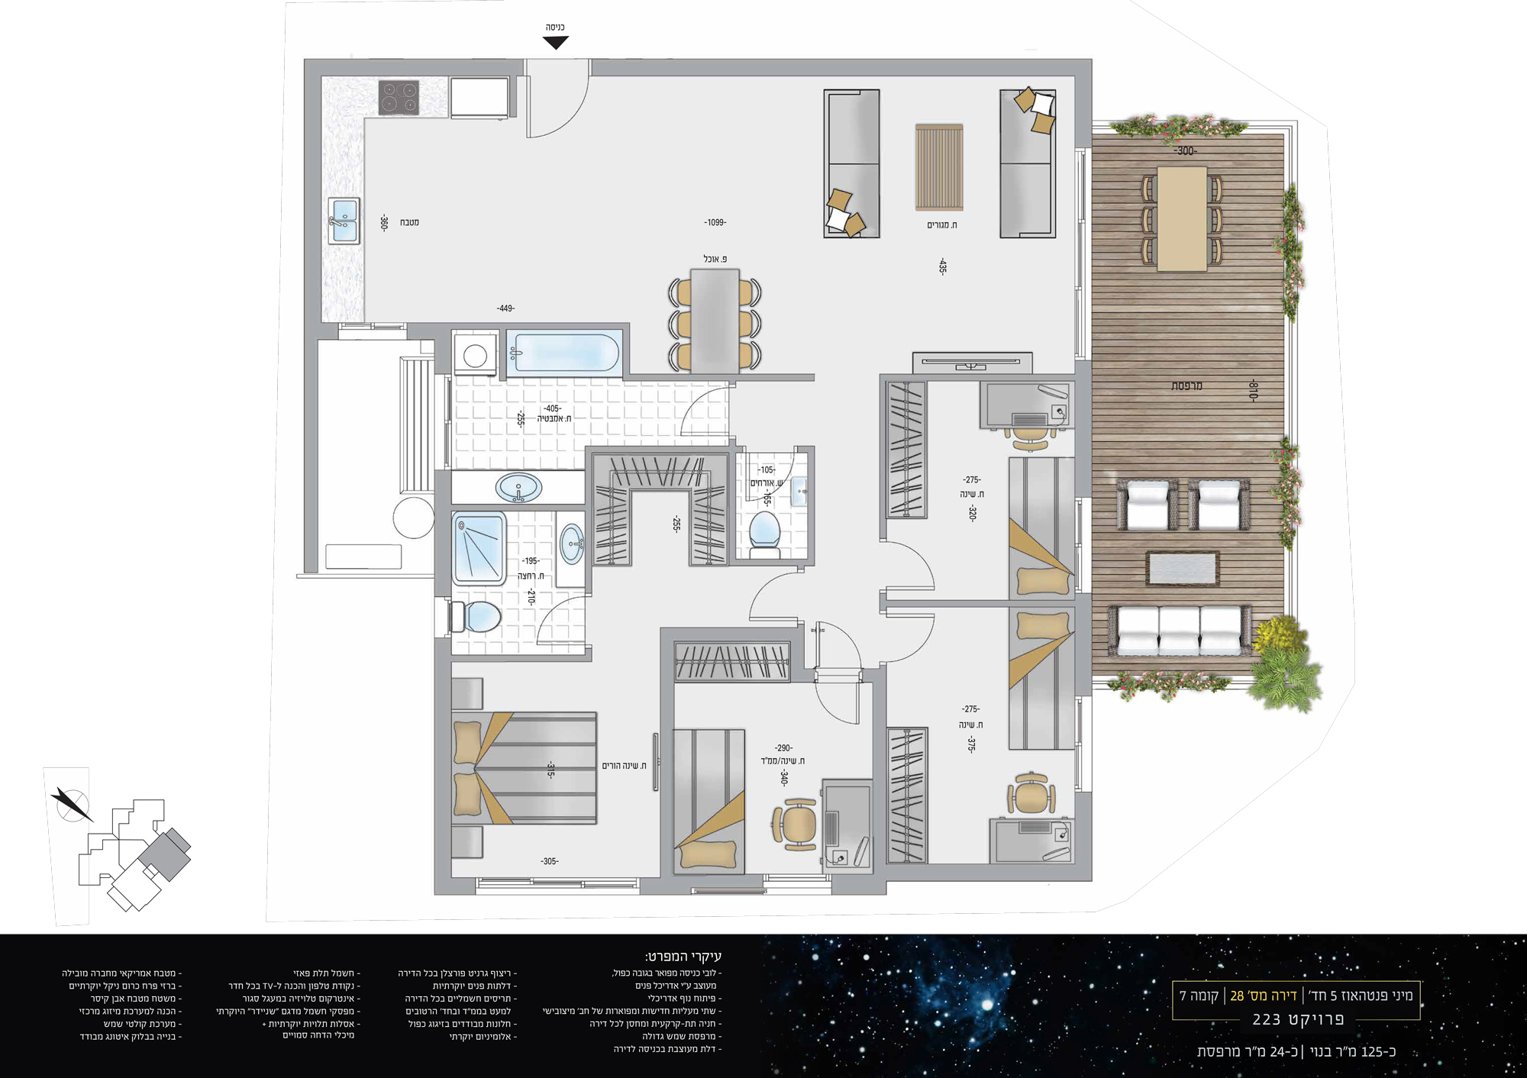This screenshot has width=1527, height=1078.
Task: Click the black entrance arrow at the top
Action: pos(556,43)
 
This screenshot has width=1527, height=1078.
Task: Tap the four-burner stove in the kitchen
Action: pos(399,98)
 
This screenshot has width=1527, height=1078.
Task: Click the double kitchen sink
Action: pos(344,221)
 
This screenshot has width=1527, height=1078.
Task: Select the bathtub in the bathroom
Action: pos(563,353)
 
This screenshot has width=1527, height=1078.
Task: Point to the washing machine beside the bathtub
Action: pos(475,355)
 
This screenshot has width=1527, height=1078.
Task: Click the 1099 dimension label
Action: pos(715,222)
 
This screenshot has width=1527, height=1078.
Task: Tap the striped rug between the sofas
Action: pos(939,167)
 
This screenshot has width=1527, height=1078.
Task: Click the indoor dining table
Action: pos(715,321)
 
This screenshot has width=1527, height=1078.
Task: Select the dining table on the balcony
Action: pos(1182,218)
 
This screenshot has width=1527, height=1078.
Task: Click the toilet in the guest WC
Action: pos(764,531)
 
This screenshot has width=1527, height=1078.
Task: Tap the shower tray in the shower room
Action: pos(479,548)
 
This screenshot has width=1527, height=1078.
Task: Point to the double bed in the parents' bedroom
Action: pos(525,768)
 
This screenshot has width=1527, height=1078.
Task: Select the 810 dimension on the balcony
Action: pos(1252,389)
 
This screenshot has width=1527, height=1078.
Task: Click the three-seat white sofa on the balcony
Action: pos(1180,631)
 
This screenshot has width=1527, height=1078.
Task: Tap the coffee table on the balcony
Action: pos(1183,569)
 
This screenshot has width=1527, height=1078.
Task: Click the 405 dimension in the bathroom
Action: pos(552,408)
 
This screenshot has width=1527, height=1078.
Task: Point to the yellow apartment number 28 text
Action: pos(1264,996)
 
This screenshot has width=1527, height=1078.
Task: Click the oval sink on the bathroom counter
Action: pos(519,487)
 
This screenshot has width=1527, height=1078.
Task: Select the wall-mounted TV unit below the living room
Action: pos(972,363)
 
